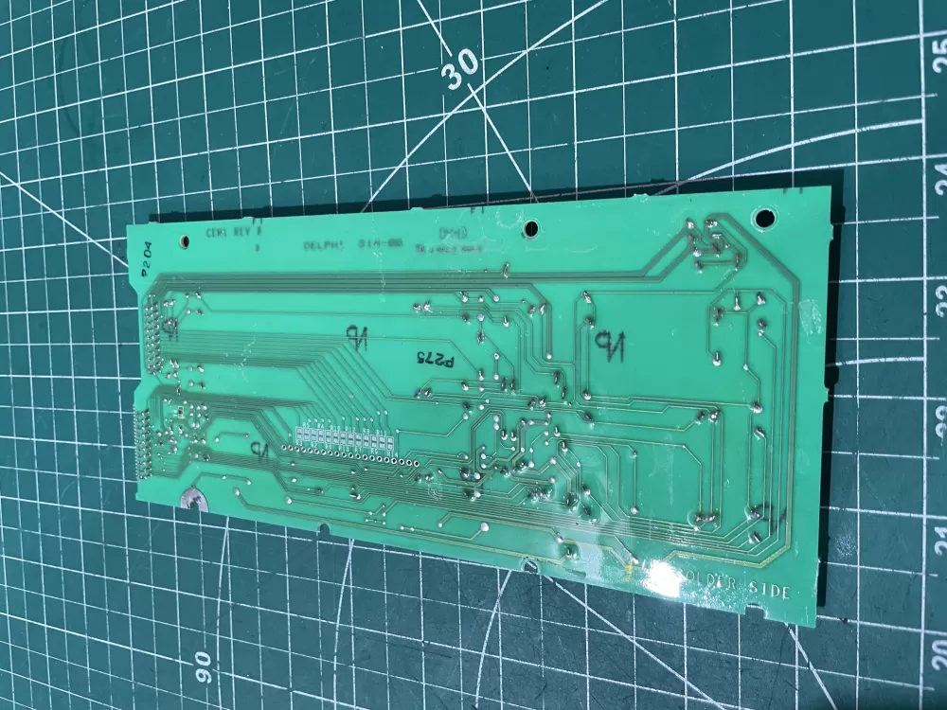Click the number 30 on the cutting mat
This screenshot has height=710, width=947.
pyautogui.click(x=461, y=69)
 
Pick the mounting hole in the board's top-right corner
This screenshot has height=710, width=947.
pyautogui.click(x=759, y=218)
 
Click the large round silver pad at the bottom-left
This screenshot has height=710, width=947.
pyautogui.click(x=191, y=498)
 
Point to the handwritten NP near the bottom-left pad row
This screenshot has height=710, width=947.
pyautogui.click(x=258, y=448)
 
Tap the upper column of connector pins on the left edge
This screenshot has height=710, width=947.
pyautogui.click(x=151, y=327)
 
